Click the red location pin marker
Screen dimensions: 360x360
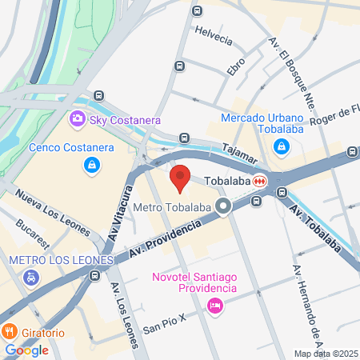click(x=180, y=178)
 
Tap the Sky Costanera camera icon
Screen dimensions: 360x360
click(x=78, y=119)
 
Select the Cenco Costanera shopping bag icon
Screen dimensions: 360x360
click(x=92, y=165)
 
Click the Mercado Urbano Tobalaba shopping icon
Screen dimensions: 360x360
click(x=282, y=147)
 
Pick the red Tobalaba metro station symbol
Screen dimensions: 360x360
click(x=259, y=181)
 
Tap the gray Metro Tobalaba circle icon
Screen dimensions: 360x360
click(x=225, y=208)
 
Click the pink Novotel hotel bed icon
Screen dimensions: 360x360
click(x=214, y=305)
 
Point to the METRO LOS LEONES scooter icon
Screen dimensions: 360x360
click(x=30, y=278)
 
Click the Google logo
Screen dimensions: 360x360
click(x=26, y=350)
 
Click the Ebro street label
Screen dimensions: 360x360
click(x=235, y=66)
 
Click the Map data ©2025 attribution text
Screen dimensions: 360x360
click(x=325, y=354)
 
